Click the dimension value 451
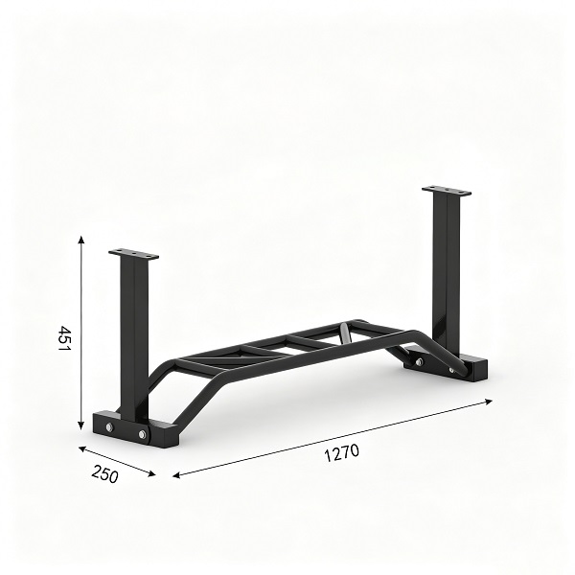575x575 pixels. (x=64, y=338)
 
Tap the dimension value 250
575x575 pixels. (x=105, y=473)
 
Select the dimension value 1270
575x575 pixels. (x=342, y=453)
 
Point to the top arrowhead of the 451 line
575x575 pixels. (x=81, y=240)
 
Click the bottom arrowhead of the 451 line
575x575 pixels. (x=81, y=426)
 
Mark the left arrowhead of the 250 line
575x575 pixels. (x=82, y=448)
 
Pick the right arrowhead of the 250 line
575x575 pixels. (x=151, y=473)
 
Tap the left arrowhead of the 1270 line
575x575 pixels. (x=176, y=475)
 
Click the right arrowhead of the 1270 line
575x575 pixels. (x=488, y=402)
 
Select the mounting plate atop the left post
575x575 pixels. (x=133, y=254)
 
